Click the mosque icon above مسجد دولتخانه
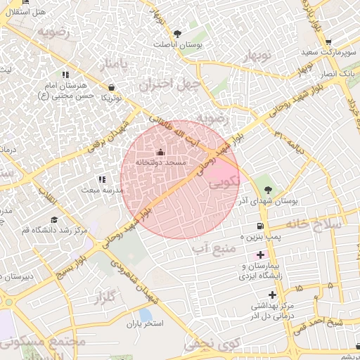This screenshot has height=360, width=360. [160, 152]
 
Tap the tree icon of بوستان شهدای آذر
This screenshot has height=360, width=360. [267, 189]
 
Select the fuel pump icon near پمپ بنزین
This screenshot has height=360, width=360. [261, 226]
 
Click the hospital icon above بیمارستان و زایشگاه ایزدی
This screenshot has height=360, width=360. [261, 255]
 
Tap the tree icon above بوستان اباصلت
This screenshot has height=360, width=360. [177, 33]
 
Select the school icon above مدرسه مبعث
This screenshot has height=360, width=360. [102, 179]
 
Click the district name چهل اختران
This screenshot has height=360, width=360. [170, 86]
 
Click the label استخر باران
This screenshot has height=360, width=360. [144, 325]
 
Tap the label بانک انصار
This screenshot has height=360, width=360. [337, 74]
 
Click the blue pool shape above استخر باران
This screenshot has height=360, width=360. [146, 314]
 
